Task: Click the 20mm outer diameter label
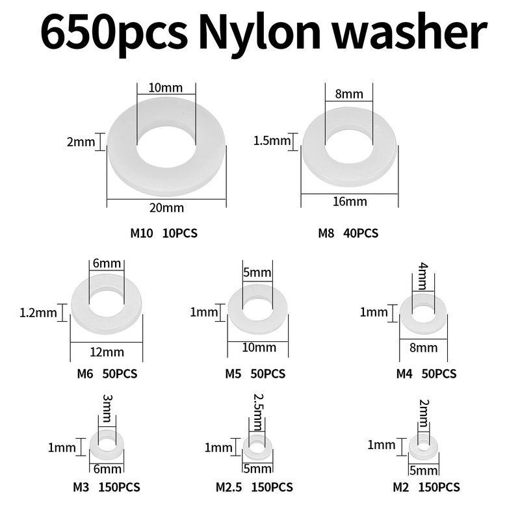tap(166, 208)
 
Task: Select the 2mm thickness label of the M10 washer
tap(81, 142)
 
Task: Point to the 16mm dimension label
tap(350, 201)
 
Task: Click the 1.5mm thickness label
tap(272, 141)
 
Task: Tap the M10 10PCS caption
tap(164, 233)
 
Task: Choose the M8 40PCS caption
tap(348, 233)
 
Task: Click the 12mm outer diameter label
tap(107, 352)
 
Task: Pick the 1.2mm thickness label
tap(38, 313)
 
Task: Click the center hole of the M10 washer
tap(166, 151)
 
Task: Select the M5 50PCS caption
tap(255, 374)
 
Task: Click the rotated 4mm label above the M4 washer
tap(423, 276)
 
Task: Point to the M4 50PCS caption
tap(426, 374)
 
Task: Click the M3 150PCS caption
tap(107, 487)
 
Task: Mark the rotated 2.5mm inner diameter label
tap(257, 411)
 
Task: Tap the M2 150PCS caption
tap(426, 487)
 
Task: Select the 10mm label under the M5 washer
tap(259, 348)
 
